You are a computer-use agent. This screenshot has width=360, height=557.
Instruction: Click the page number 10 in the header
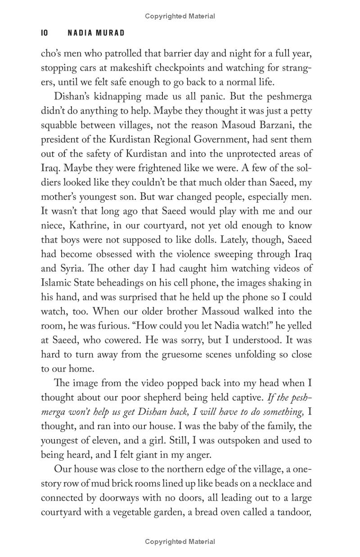[44, 33]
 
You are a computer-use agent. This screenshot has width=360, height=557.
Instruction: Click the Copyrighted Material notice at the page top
[180, 16]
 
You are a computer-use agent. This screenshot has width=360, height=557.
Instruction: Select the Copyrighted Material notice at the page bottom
[180, 542]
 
